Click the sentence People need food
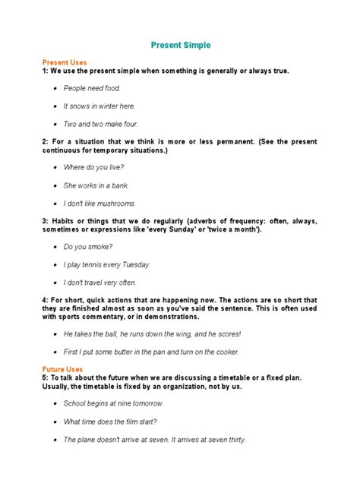click(x=92, y=88)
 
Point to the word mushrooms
click(x=114, y=203)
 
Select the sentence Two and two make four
click(x=101, y=124)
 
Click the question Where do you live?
click(x=93, y=167)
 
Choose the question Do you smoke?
click(x=88, y=246)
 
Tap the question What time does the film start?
click(x=114, y=422)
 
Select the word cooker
click(x=226, y=352)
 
